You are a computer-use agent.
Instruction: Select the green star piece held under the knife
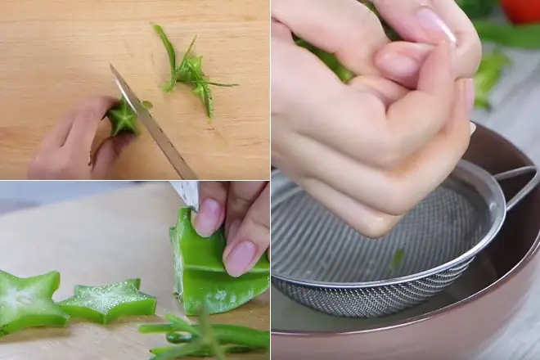click(124, 119)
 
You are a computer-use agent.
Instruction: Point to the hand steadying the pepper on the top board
click(74, 143)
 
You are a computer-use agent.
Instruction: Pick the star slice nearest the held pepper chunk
click(108, 300)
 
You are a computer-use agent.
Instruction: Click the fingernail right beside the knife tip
click(208, 217)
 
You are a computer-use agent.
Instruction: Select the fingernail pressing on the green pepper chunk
click(241, 257)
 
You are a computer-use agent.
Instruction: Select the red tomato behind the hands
click(520, 10)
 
